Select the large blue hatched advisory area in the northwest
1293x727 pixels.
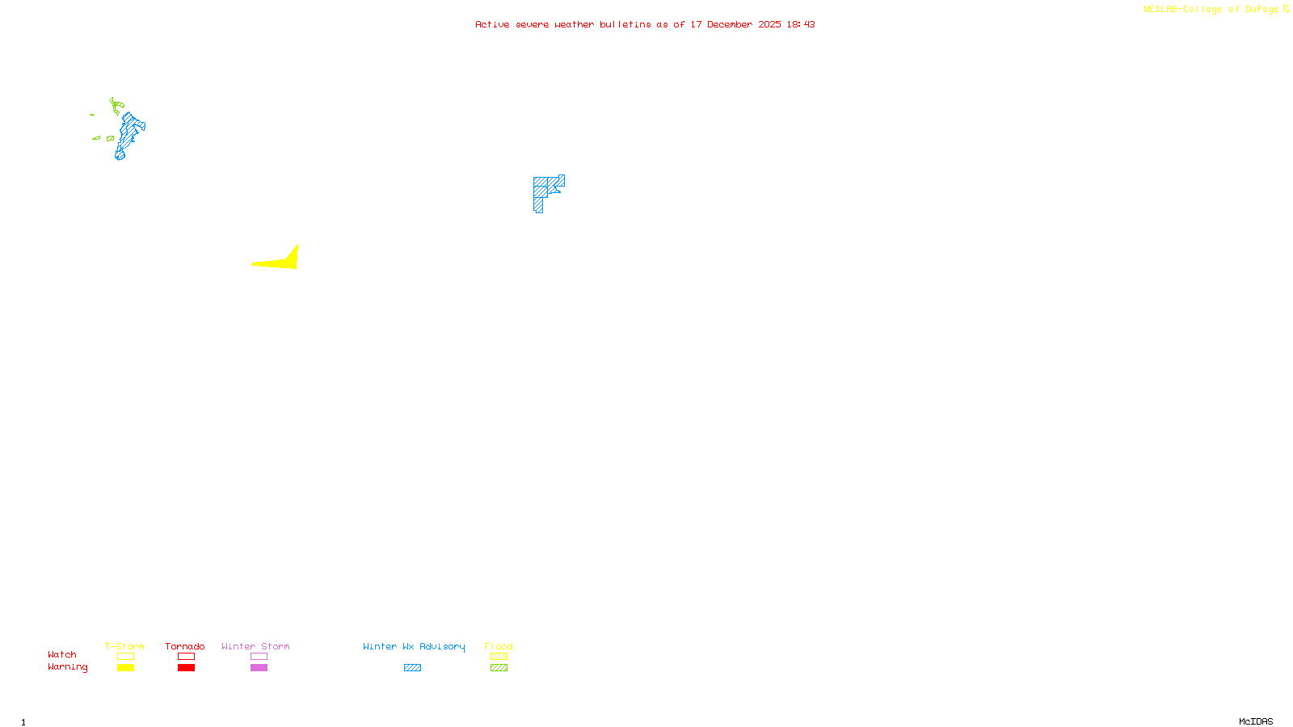[128, 133]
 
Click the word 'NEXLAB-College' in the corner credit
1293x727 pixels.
[1182, 10]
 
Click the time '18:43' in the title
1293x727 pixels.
[801, 25]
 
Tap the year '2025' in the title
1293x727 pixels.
[769, 25]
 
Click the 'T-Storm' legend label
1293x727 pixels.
[124, 646]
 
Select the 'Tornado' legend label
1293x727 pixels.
[185, 646]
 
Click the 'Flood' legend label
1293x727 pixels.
[499, 646]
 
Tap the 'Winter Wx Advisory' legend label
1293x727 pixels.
[414, 646]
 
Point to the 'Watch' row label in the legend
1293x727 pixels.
[62, 655]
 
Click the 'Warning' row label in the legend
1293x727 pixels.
[67, 667]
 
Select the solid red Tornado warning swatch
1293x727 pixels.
[187, 668]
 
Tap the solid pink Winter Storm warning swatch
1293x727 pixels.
[259, 668]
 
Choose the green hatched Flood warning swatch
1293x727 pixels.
[499, 668]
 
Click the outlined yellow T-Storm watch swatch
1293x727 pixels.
[125, 657]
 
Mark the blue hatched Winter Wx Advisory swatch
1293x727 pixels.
[412, 668]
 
